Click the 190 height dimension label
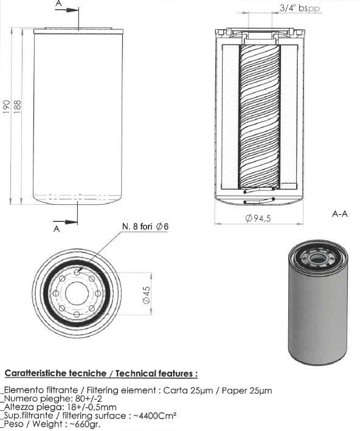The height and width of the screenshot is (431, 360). click(x=6, y=106)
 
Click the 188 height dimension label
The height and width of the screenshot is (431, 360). click(x=17, y=106)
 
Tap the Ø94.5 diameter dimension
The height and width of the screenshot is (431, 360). click(x=258, y=218)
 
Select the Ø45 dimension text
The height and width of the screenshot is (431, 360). click(x=147, y=295)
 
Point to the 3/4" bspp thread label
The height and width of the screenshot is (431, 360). click(x=300, y=8)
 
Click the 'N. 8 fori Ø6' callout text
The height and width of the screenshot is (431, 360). click(x=145, y=227)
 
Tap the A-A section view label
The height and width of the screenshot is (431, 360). click(x=340, y=213)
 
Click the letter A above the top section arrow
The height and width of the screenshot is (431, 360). click(x=58, y=3)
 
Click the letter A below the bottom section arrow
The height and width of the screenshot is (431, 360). click(x=57, y=229)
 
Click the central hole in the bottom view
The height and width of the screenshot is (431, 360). click(x=77, y=294)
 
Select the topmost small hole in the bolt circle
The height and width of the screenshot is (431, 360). click(x=77, y=272)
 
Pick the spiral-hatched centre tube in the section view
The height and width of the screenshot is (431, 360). click(x=260, y=117)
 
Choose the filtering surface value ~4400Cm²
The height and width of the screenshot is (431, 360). click(x=155, y=415)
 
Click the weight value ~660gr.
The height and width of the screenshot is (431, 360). click(x=85, y=424)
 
